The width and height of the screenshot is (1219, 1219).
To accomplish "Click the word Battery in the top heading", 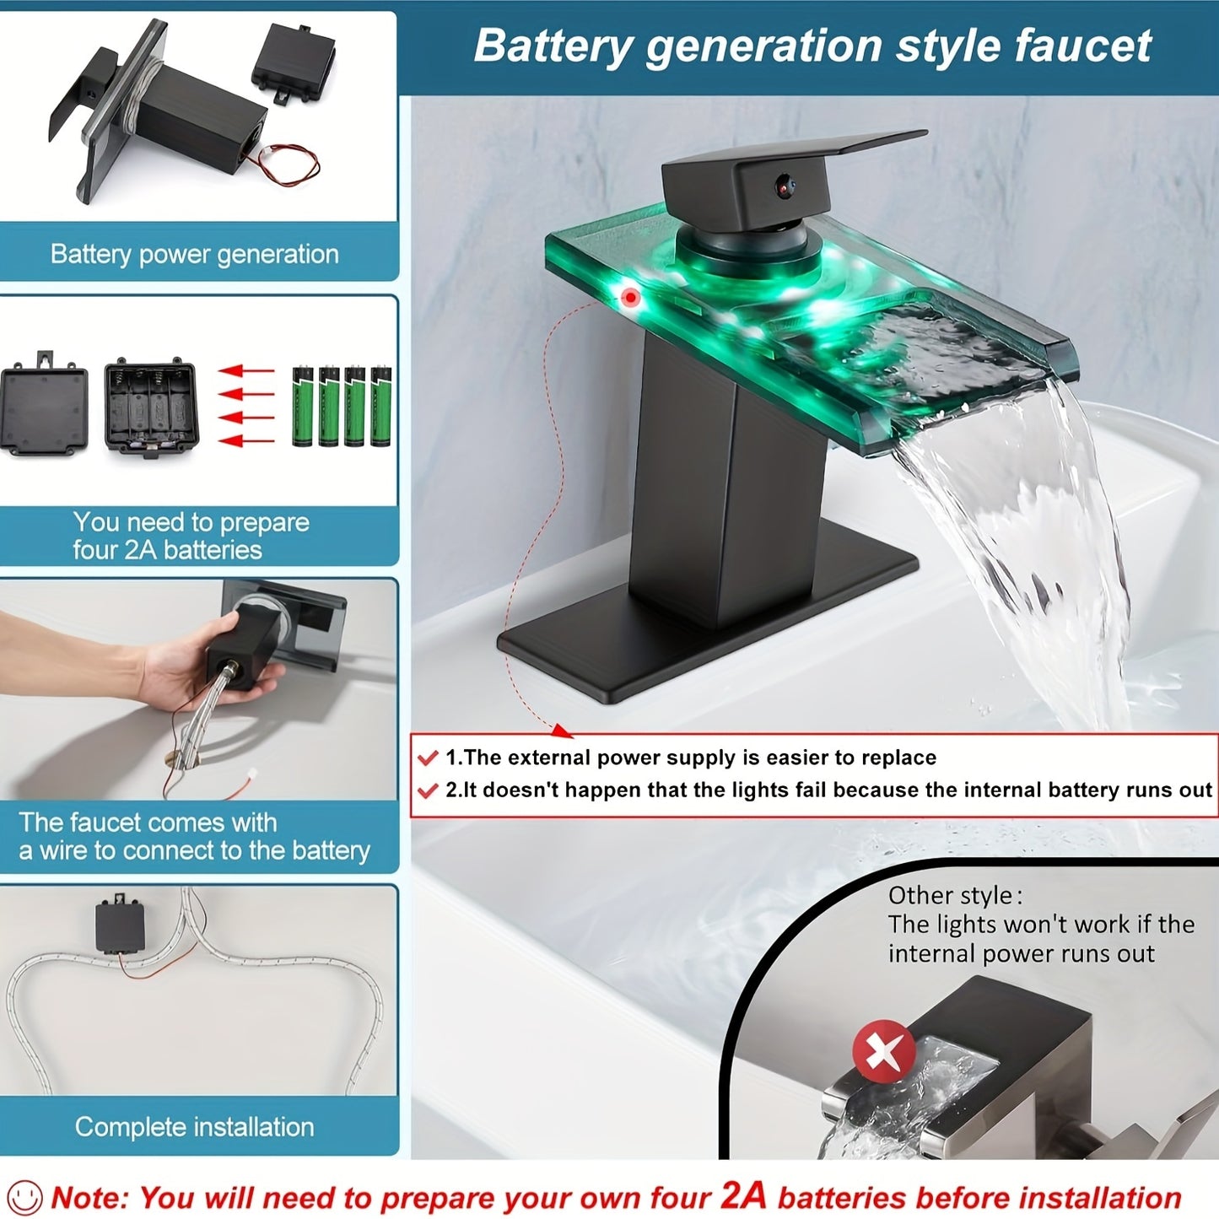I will tap(553, 46).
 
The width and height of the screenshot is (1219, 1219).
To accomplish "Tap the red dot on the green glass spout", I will tap(629, 297).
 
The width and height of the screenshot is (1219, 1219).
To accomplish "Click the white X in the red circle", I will tap(883, 1052).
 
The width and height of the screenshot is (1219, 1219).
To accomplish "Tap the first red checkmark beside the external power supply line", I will tap(428, 758).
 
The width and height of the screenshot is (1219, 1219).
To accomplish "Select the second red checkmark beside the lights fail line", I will tap(428, 790).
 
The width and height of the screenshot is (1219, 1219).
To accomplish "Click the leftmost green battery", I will tap(302, 406).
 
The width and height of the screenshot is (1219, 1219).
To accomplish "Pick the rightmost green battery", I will tap(380, 406).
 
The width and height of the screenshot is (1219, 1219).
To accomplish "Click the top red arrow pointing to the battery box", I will tap(245, 370).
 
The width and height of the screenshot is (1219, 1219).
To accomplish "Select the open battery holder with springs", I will tap(151, 407).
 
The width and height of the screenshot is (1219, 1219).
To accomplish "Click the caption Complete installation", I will tap(194, 1127).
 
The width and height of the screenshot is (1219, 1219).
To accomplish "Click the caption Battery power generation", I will tap(194, 254).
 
